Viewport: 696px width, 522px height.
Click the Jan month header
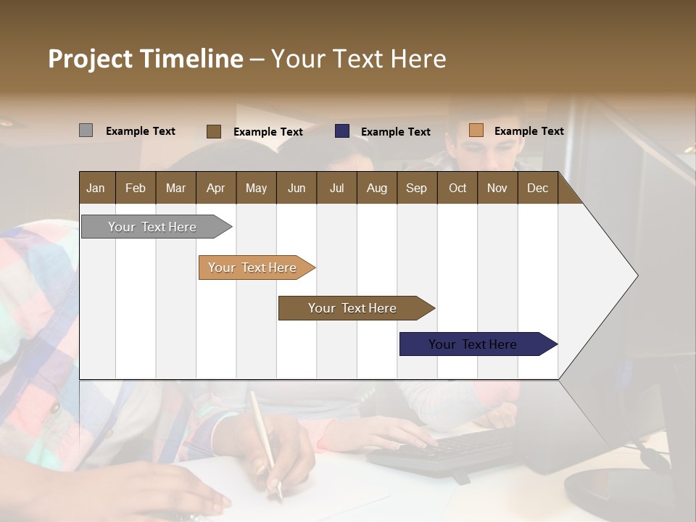(96, 188)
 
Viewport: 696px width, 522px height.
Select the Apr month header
(215, 188)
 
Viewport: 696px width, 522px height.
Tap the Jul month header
(336, 188)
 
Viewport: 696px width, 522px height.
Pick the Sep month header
(416, 188)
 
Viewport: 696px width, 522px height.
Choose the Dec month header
(537, 188)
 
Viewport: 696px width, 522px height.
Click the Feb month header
(136, 188)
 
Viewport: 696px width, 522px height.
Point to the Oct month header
(457, 188)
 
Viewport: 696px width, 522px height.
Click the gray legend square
(86, 130)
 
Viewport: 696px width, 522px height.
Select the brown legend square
(213, 131)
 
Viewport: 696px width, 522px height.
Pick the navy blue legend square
(342, 131)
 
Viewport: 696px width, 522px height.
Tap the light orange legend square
(476, 130)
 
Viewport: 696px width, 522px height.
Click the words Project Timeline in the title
(145, 59)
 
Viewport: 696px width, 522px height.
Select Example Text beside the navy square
(395, 132)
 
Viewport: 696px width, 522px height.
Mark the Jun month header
(297, 188)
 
